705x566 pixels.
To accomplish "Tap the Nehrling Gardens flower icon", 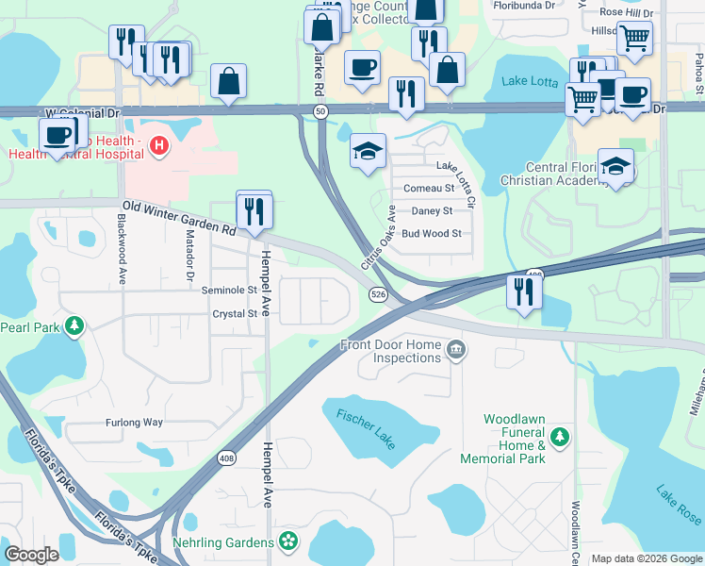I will (x=289, y=542).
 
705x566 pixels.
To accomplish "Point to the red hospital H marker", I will (x=159, y=145).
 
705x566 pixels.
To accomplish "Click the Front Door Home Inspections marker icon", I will (x=455, y=351).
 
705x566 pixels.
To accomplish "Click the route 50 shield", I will (x=320, y=111).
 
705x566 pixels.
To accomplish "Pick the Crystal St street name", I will (x=234, y=314).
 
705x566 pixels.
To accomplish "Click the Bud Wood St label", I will (x=431, y=233).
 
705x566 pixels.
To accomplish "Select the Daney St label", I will (x=433, y=210).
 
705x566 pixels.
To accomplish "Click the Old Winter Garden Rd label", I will (x=177, y=218).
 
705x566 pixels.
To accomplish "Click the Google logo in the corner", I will (x=32, y=556).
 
